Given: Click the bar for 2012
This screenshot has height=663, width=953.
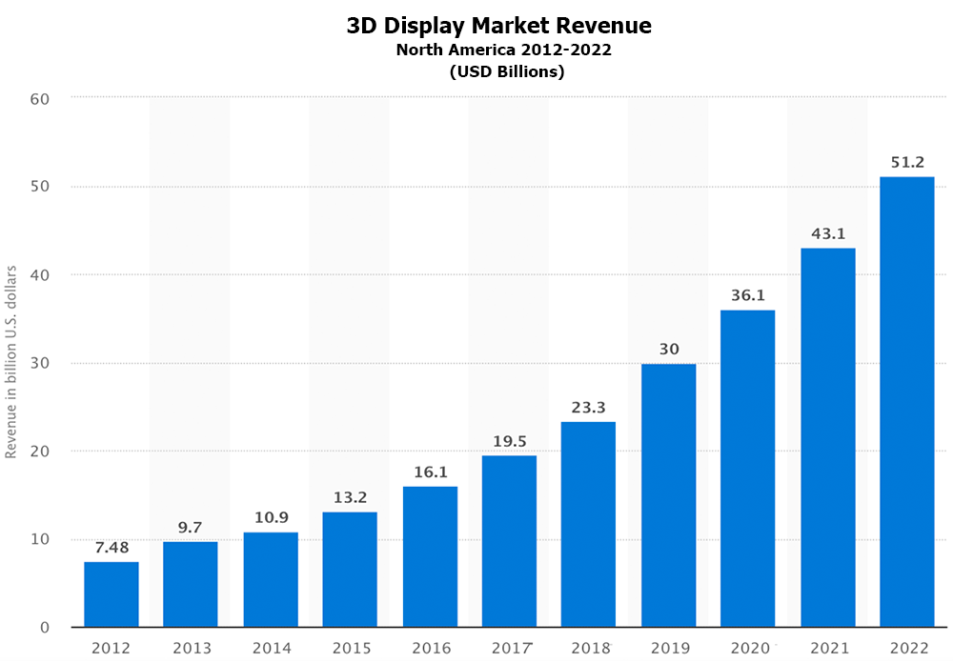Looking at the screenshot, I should [112, 594].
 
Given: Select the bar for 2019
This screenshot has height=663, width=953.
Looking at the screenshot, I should [668, 495].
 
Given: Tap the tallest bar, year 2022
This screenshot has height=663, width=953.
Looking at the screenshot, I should [906, 402].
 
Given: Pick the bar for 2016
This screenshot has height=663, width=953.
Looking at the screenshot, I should [430, 556].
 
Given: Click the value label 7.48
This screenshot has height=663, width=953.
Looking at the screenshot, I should [112, 548].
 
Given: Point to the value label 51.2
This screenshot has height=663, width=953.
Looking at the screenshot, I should [906, 162].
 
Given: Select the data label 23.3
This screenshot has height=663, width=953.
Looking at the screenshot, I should [588, 407].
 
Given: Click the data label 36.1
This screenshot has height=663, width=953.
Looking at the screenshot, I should [748, 295].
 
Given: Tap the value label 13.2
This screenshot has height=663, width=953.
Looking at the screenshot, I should [350, 497].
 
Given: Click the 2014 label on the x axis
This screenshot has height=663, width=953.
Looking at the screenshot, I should [272, 649].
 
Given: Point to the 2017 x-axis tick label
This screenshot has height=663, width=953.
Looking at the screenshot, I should [510, 649].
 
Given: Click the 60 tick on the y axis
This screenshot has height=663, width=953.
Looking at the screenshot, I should [39, 98].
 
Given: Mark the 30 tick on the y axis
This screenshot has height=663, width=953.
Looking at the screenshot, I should [39, 363].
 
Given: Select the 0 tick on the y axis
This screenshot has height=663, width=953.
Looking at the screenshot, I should [45, 628].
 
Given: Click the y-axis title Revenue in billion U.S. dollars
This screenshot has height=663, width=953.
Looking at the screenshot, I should [11, 362].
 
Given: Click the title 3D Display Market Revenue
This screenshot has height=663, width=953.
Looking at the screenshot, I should [499, 26].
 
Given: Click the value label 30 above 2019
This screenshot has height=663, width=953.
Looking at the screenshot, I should [669, 349].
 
